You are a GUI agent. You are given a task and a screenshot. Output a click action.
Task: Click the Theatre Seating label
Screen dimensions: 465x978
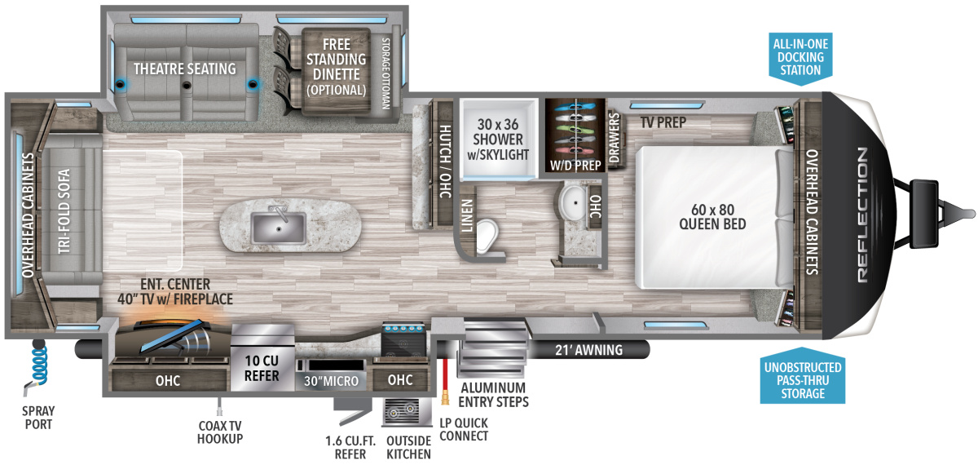coord(185,69)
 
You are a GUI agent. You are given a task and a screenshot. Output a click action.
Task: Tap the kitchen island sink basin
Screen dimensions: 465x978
coord(279,226)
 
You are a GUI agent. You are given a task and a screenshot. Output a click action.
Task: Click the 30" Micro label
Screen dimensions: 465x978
coord(331,381)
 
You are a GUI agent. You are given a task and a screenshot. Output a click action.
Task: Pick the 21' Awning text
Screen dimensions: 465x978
coord(588,350)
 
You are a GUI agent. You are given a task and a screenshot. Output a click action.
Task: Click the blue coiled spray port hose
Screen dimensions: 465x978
coord(37,363)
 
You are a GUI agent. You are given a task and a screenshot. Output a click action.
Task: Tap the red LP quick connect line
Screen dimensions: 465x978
coord(446,375)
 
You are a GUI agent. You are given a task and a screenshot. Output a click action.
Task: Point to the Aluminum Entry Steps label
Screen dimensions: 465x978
coord(493,394)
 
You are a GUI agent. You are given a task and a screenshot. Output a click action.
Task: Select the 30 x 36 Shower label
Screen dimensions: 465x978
coord(500,140)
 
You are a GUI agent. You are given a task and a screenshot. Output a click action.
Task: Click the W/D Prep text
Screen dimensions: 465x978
coord(576,165)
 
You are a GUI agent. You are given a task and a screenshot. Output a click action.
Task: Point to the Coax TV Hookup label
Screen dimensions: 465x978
coord(220,432)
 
